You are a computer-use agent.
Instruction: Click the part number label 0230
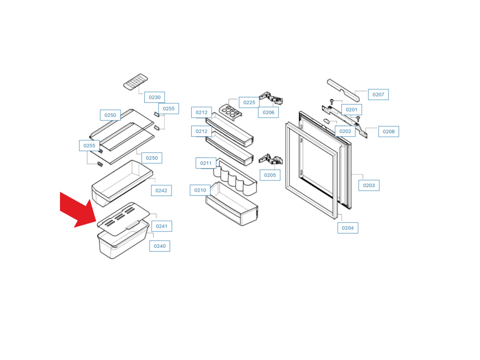coord(155,97)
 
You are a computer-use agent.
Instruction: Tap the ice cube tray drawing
coord(135,82)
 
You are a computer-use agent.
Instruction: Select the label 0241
coord(162,226)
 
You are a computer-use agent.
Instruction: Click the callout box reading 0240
coord(160,246)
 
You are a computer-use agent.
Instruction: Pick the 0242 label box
coord(161,190)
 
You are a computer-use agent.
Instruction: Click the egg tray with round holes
coord(231,112)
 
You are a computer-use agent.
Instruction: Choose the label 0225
coord(249,103)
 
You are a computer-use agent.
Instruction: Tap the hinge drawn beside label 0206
coord(271,98)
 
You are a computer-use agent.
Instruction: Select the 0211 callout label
coord(206,163)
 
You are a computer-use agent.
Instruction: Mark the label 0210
coord(200,190)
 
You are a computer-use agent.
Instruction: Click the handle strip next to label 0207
coord(343,90)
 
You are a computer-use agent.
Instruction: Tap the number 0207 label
coord(378,95)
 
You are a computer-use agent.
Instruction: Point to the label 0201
coord(352,110)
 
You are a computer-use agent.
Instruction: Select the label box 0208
coord(389,132)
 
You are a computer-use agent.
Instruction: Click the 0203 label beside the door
coord(369,185)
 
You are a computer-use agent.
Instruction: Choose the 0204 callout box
coord(348,228)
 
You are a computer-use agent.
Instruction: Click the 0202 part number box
coord(345,131)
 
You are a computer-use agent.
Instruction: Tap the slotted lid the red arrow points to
coord(123,218)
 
